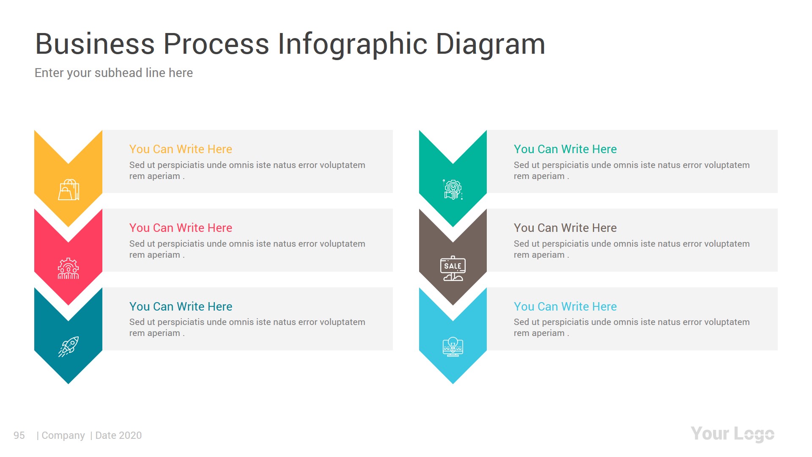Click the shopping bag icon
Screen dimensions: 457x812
[69, 190]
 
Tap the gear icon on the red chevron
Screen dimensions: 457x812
[68, 268]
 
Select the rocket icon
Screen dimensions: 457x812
[69, 347]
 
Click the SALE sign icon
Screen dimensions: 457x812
[453, 268]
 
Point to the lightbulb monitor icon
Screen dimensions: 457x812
[453, 347]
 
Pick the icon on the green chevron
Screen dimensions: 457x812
[453, 190]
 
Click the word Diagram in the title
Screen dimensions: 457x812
[490, 44]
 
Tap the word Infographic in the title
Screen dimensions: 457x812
[353, 44]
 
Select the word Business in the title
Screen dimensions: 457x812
[95, 44]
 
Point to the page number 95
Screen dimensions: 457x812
[19, 435]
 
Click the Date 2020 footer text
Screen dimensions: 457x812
[118, 435]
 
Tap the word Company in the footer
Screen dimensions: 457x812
[63, 435]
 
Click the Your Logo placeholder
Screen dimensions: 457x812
[732, 434]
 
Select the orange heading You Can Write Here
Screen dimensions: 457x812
[181, 149]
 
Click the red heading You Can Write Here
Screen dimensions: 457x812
[181, 228]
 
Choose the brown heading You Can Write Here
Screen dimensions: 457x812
[565, 228]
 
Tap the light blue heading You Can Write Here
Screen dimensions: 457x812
[565, 306]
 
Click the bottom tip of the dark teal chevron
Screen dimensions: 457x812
[68, 382]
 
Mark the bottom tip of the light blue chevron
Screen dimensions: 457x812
[453, 382]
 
